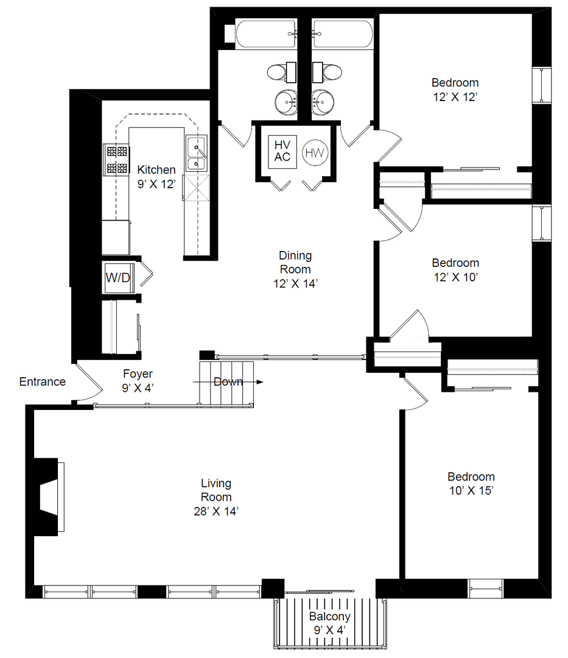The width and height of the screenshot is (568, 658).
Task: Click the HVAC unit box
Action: tap(282, 152)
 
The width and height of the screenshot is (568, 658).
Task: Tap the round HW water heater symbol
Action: tap(315, 153)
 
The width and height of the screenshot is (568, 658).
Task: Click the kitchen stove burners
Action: tap(116, 160)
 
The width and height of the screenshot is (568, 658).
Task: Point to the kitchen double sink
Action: tap(196, 153)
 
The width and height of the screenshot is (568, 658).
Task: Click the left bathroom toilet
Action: tap(281, 72)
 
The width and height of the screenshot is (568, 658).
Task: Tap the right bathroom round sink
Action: tap(323, 101)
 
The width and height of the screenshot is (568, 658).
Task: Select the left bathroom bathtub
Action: tap(266, 34)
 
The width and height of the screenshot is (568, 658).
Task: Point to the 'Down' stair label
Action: tap(228, 381)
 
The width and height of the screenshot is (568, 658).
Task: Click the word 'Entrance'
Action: tap(43, 381)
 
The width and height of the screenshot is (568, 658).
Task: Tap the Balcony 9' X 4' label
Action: tap(329, 623)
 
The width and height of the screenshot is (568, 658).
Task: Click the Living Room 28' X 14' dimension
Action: tap(216, 511)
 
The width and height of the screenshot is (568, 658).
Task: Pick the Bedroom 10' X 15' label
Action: tap(471, 483)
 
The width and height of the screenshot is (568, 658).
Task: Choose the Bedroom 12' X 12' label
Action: tap(455, 90)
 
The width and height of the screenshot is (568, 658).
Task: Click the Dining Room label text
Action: tap(295, 262)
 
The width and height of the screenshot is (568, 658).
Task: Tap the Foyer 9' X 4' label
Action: tap(138, 381)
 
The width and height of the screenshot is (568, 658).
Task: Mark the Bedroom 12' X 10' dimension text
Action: tap(455, 277)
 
